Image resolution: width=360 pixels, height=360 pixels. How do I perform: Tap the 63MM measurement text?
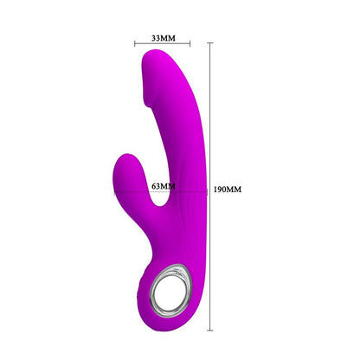[163, 185]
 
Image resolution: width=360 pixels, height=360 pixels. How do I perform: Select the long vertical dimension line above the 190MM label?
[209, 112]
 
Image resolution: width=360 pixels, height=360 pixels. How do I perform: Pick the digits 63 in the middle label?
[156, 185]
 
